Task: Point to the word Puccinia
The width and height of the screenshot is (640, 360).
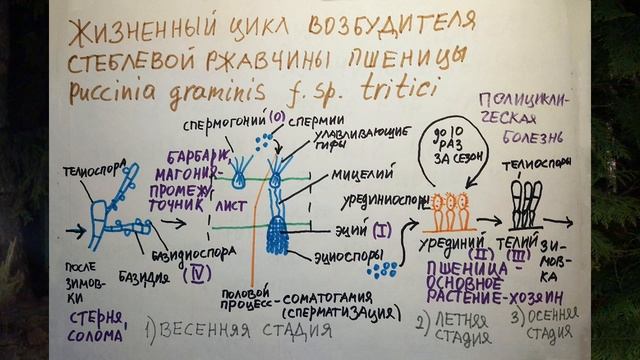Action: (x=119, y=92)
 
